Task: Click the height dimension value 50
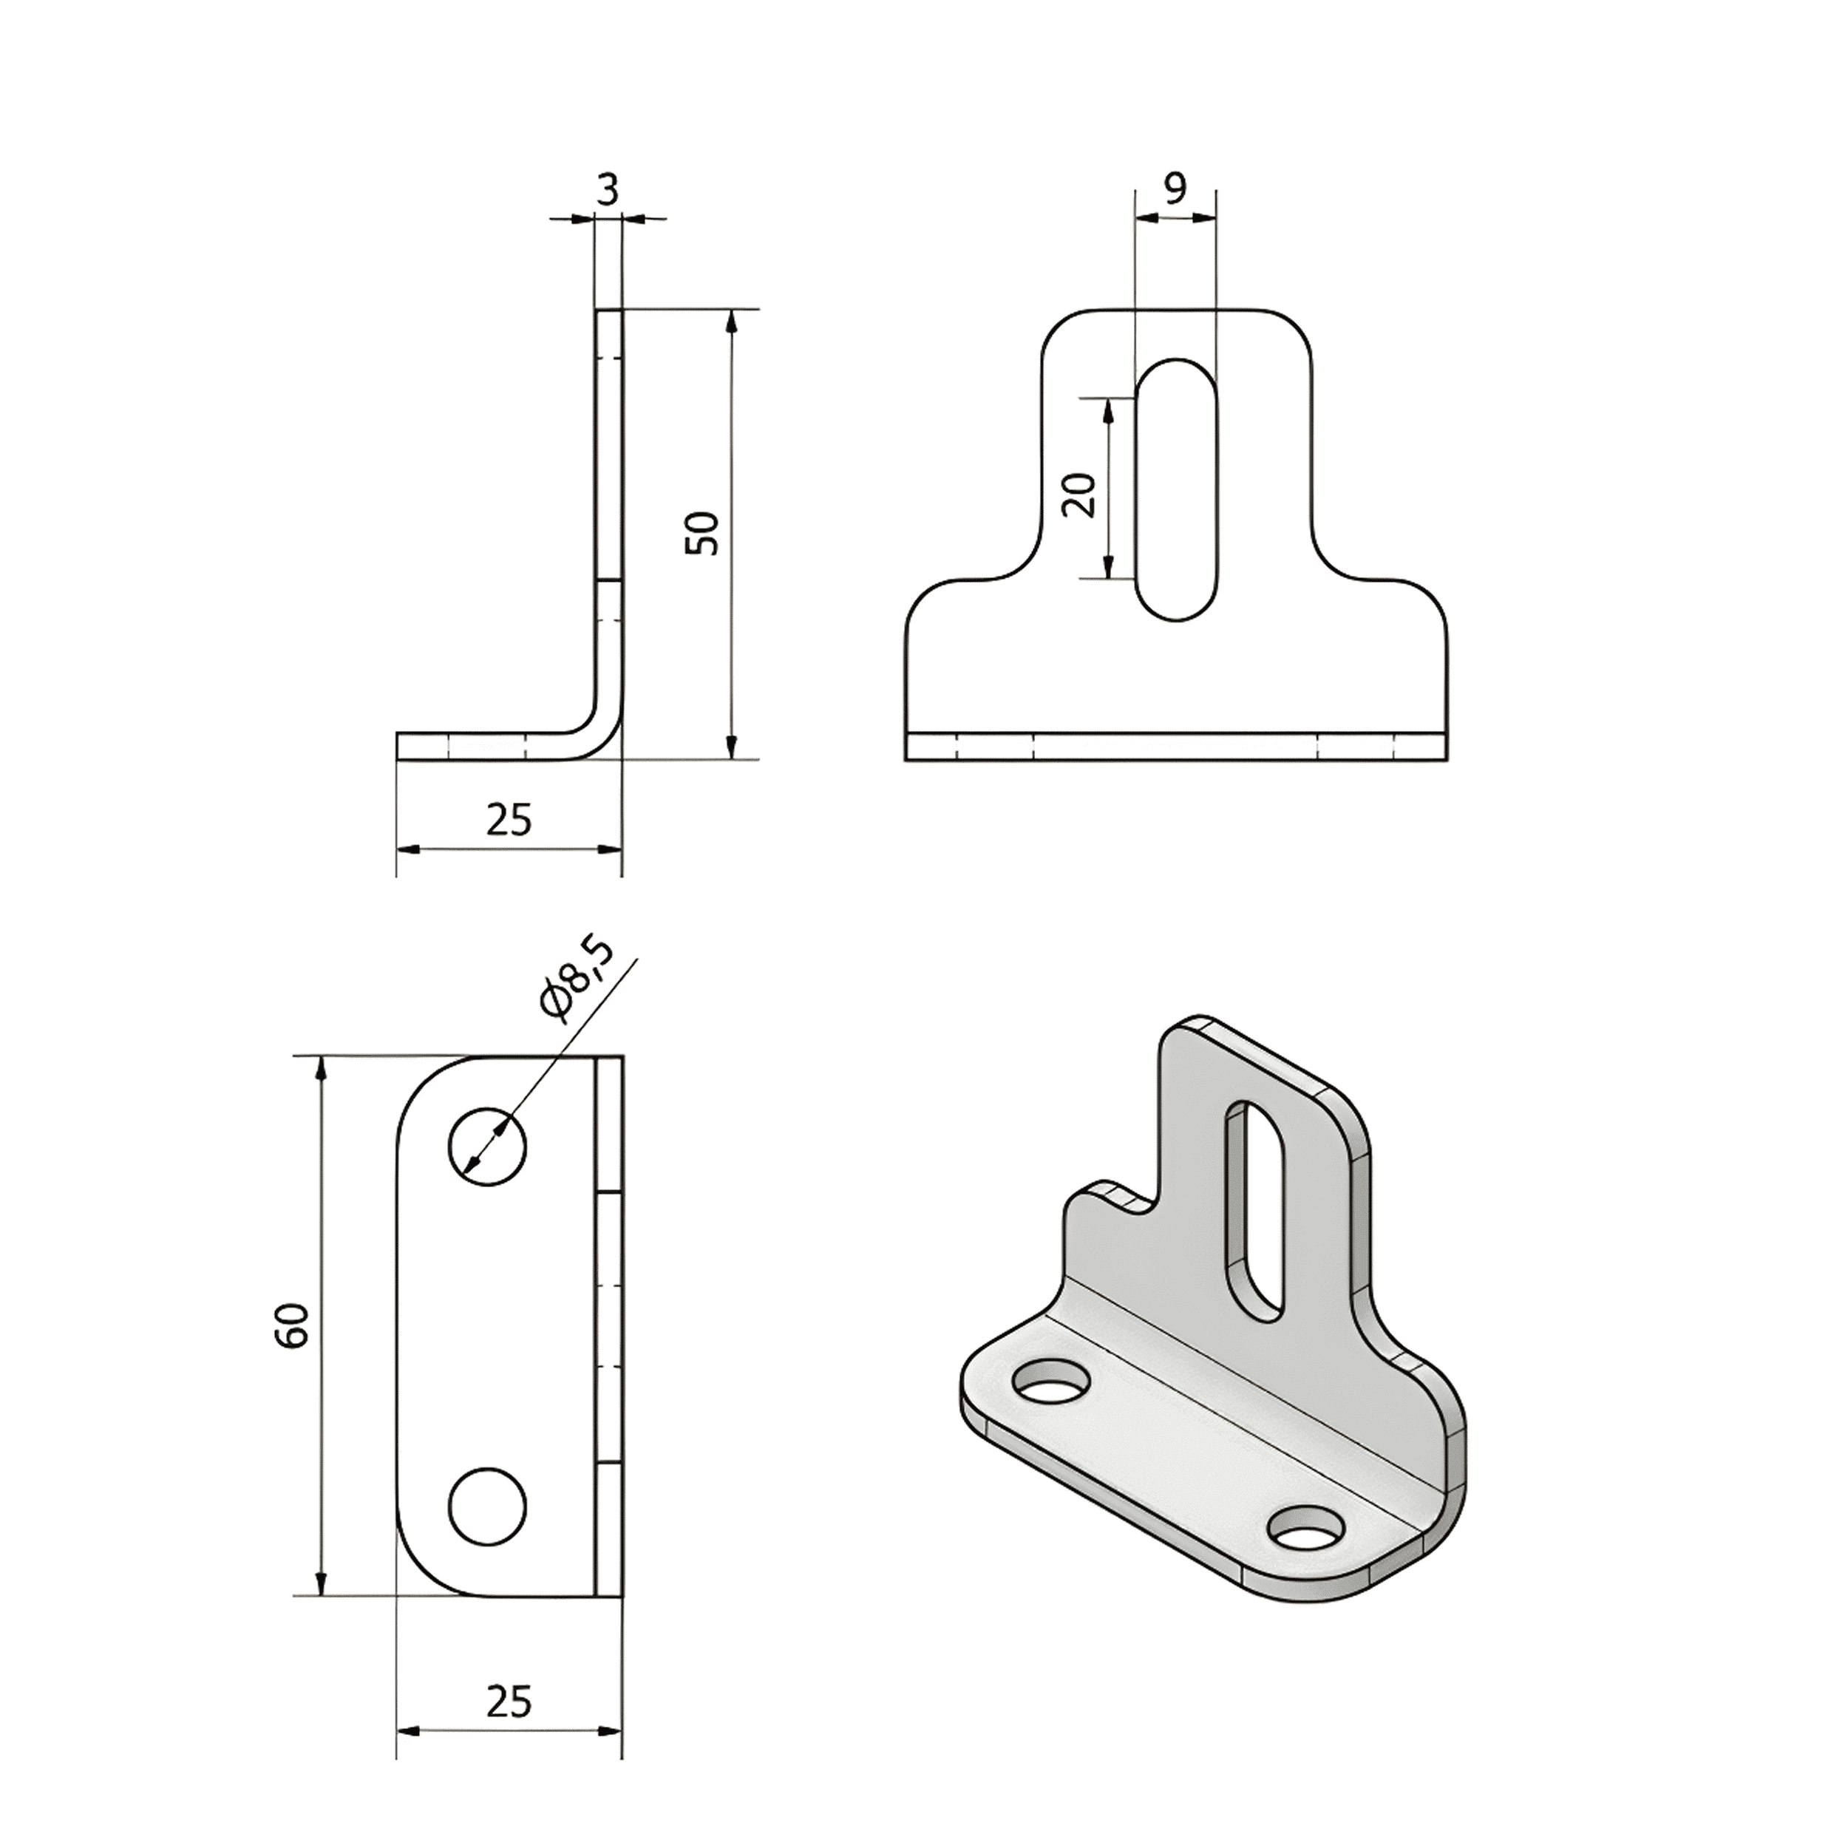pos(702,533)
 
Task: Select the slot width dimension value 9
pos(1175,188)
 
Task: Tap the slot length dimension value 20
pos(1080,494)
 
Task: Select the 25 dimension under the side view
pos(508,820)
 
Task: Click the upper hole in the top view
pos(488,1148)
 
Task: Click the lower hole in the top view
pos(488,1506)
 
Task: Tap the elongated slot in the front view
pos(1178,490)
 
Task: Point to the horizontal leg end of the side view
pos(400,746)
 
